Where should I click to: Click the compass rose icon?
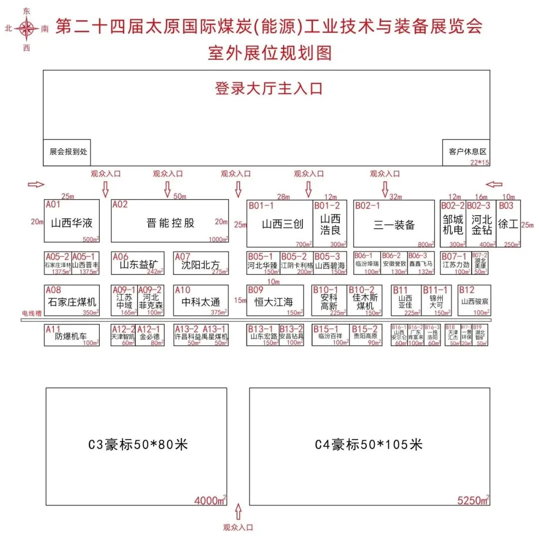pyautogui.click(x=26, y=29)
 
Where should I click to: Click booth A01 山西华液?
pyautogui.click(x=72, y=223)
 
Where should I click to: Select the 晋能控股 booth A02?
pyautogui.click(x=170, y=223)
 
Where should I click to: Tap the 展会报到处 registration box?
pyautogui.click(x=67, y=151)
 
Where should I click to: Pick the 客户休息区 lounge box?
pyautogui.click(x=467, y=152)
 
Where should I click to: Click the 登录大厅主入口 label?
pyautogui.click(x=269, y=89)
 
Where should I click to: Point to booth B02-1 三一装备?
pyautogui.click(x=394, y=224)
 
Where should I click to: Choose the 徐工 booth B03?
pyautogui.click(x=509, y=224)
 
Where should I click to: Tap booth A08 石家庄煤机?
pyautogui.click(x=72, y=301)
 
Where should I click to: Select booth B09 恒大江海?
pyautogui.click(x=274, y=301)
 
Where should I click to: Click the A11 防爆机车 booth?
pyautogui.click(x=72, y=335)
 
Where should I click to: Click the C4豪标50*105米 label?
pyautogui.click(x=369, y=444)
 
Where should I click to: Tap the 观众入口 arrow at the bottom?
pyautogui.click(x=238, y=511)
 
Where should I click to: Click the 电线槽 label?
pyautogui.click(x=31, y=313)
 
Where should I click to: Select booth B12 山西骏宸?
pyautogui.click(x=474, y=301)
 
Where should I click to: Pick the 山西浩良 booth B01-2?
pyautogui.click(x=330, y=224)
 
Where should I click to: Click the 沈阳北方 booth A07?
pyautogui.click(x=201, y=264)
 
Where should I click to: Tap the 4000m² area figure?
pyautogui.click(x=210, y=500)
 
